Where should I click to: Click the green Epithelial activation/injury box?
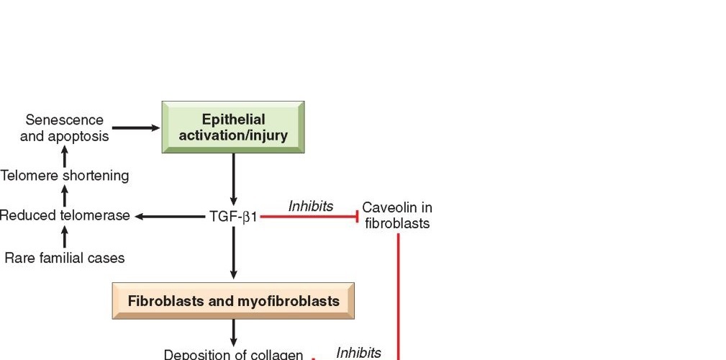(x=233, y=127)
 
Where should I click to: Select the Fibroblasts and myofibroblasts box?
(x=233, y=301)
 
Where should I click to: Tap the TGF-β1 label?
(x=233, y=215)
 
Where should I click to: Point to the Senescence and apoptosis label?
(x=64, y=127)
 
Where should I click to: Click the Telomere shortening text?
(x=65, y=175)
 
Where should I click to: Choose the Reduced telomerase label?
(x=65, y=215)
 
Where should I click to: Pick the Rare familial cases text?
(x=65, y=257)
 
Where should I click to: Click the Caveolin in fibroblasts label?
(x=397, y=215)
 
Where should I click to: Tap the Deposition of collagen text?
(x=233, y=354)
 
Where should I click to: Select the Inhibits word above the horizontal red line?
(x=311, y=206)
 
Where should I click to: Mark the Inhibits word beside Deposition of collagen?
(x=358, y=352)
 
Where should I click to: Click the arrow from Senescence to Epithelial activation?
(x=136, y=128)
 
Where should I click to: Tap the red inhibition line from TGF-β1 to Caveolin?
(x=309, y=216)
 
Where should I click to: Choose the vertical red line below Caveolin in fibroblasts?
(x=398, y=295)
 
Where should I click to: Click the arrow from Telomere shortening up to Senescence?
(x=65, y=155)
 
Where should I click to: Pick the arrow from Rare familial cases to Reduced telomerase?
(x=65, y=236)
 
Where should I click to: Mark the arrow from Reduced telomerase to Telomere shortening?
(x=65, y=195)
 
